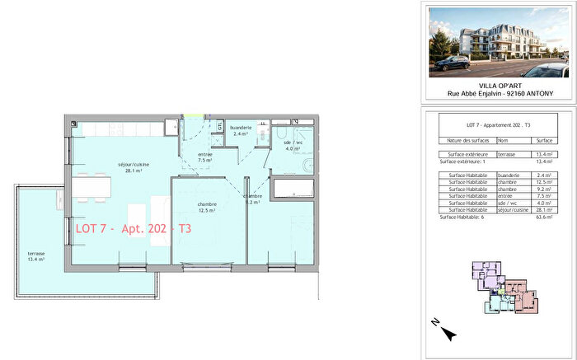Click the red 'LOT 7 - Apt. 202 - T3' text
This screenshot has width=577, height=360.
[x=132, y=228]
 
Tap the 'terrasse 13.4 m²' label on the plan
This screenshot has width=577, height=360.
[x=35, y=255]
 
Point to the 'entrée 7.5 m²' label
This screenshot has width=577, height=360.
[x=205, y=159]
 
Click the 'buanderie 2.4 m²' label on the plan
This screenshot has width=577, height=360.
[x=241, y=130]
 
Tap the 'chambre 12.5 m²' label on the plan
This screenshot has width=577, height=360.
[x=206, y=207]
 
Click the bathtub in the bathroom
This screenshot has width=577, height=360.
[x=292, y=192]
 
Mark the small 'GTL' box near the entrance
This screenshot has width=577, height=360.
[x=220, y=125]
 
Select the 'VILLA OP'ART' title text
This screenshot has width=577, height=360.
[x=499, y=85]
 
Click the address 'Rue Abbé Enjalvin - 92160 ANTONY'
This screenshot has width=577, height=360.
[x=499, y=93]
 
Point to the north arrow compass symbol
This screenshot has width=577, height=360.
[x=448, y=332]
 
